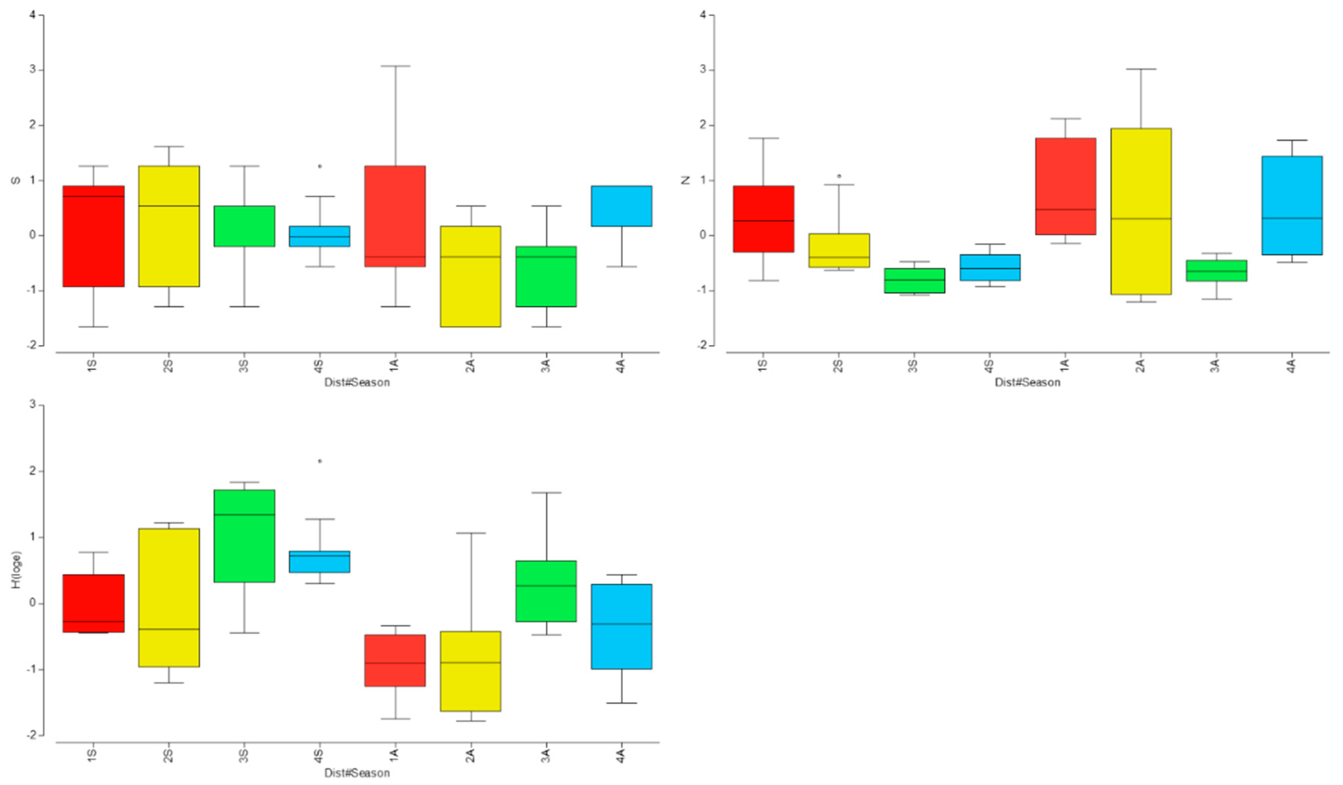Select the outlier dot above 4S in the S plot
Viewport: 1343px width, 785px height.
coord(320,166)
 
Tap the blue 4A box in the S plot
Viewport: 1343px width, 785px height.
coord(621,206)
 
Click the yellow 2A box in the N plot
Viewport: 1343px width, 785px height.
coord(1141,211)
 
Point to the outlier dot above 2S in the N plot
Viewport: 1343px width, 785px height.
coord(839,176)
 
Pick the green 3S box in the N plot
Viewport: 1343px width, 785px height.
coord(915,281)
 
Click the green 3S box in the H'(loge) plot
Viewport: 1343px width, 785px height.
coord(245,536)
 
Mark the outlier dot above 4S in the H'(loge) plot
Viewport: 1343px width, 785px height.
coord(320,461)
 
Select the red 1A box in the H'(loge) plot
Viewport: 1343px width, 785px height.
coord(395,660)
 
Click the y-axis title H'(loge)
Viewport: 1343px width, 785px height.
coord(17,570)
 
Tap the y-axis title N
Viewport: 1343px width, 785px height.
coord(686,180)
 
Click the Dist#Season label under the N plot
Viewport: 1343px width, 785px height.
coord(1028,382)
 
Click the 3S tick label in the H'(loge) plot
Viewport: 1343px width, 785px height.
coord(244,756)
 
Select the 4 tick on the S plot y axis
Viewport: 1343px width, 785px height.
coord(33,15)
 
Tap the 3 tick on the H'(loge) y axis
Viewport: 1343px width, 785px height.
coord(33,405)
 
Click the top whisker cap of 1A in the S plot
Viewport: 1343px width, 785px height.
coord(395,66)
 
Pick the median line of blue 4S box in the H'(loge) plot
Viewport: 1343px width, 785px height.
coord(320,556)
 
